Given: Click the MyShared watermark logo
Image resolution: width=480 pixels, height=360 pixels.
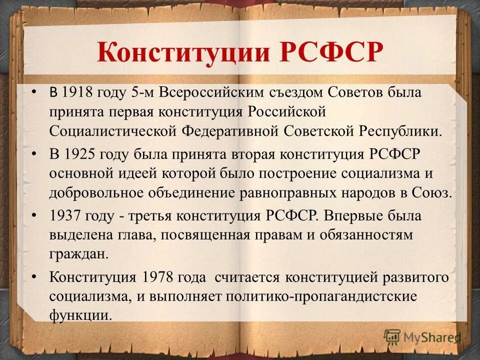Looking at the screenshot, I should click(422, 338).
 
